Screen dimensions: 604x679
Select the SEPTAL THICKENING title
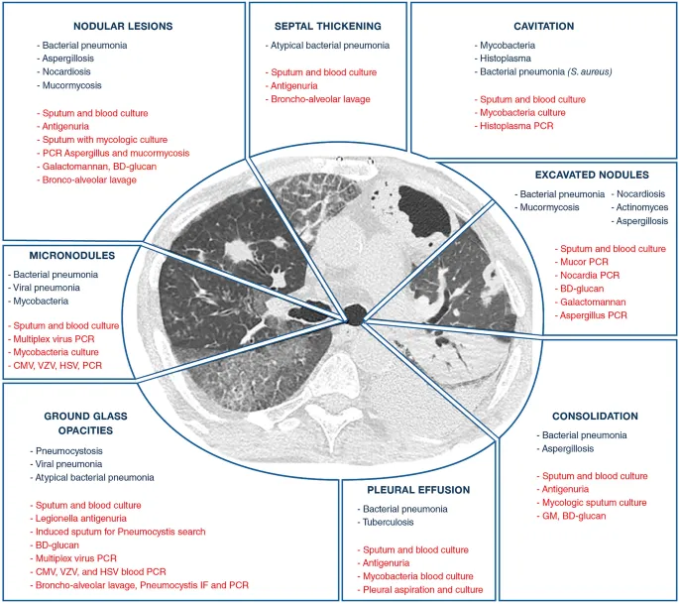[326, 25]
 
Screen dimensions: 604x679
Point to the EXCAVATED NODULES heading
[591, 174]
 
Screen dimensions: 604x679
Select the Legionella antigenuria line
[90, 519]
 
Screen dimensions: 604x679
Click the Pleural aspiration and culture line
[423, 590]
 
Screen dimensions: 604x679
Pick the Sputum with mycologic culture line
[106, 140]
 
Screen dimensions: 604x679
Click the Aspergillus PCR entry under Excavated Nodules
[595, 315]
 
